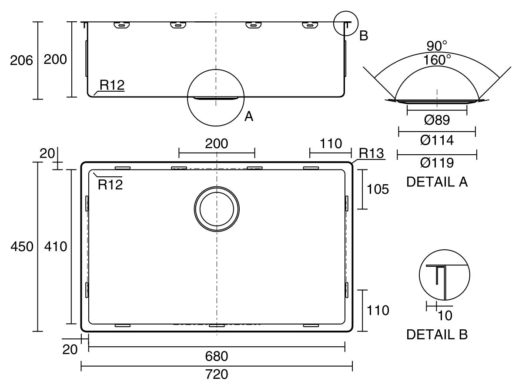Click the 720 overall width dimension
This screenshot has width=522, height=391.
pos(216,374)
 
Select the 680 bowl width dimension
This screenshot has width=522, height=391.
pos(216,356)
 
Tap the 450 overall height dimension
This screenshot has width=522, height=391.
pos(22,246)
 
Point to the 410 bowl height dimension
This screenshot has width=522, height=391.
pos(55,246)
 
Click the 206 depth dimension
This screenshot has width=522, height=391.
pos(21,60)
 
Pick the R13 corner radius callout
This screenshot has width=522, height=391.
pos(371,153)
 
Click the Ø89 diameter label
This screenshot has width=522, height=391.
pos(437,120)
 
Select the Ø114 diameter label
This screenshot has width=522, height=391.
pos(437,140)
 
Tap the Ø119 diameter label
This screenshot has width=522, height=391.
pos(437,162)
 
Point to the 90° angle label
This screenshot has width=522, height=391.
pos(437,46)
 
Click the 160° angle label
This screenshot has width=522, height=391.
pos(437,60)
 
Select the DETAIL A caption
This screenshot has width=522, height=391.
pos(437,182)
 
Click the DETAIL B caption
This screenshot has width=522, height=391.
pos(437,335)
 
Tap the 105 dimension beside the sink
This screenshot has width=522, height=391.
pos(378,189)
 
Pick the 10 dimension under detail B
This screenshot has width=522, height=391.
pos(445,315)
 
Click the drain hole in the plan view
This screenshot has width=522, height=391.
pos(217,209)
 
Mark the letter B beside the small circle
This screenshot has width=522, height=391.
pos(364,36)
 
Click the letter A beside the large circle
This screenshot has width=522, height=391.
pos(249,116)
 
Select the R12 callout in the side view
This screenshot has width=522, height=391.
pos(112,85)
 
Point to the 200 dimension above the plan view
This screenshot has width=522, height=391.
pos(216,143)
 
